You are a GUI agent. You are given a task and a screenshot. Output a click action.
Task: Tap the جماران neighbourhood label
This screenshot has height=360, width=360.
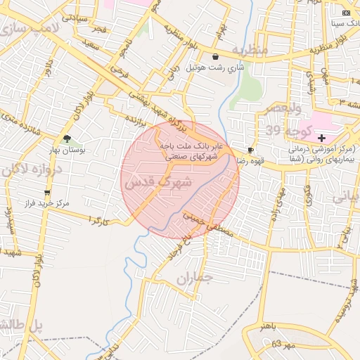coord(193,278)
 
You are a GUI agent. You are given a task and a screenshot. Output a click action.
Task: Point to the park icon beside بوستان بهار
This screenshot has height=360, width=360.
coord(67,139)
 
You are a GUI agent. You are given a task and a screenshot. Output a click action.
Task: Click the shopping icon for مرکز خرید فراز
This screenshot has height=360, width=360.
coord(47,193)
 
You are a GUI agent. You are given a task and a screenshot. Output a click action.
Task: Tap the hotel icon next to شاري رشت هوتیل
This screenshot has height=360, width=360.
coord(214,57)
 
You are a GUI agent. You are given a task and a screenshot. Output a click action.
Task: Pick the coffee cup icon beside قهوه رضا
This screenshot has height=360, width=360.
coord(250,150)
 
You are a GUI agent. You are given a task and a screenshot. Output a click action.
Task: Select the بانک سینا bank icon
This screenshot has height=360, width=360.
coord(345,13)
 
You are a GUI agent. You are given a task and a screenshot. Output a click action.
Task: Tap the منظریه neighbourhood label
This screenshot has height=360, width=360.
coord(250,51)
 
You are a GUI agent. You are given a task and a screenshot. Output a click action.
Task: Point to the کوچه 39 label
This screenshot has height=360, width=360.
coord(285,130)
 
